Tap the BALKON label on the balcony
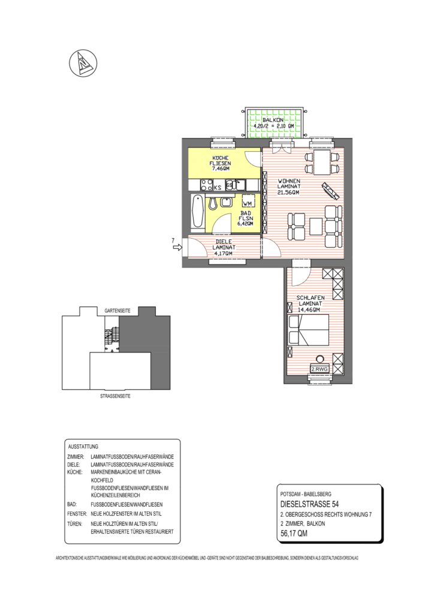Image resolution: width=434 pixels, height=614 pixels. [273, 121]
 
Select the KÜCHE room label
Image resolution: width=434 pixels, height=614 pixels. [220, 158]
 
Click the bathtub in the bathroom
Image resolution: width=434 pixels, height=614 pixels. [197, 212]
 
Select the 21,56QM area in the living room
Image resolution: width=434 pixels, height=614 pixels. [288, 192]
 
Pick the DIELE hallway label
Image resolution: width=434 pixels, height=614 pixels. [224, 242]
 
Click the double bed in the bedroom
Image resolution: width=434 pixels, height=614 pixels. [309, 330]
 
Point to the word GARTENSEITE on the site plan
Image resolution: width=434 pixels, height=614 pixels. [118, 311]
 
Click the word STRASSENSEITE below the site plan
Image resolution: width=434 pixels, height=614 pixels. [115, 396]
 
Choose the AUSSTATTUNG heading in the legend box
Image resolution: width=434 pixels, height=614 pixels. [84, 447]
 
